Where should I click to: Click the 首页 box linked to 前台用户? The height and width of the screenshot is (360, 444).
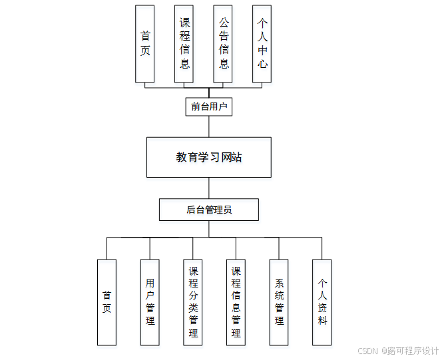144,44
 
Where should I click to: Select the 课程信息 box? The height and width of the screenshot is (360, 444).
184,44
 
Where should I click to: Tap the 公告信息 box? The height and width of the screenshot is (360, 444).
224,44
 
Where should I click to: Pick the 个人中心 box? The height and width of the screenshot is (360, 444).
262,44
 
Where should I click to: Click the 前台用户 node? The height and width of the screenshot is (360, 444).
209,106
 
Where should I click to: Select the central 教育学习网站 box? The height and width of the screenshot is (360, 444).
209,157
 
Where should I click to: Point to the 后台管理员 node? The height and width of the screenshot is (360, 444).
209,210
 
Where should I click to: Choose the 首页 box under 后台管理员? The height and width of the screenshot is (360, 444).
107,302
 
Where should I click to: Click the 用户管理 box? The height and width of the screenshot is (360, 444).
150,302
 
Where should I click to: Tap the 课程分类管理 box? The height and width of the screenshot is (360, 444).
193,302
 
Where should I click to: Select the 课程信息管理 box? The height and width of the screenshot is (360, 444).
236,302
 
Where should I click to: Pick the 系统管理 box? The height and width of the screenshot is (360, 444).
279,302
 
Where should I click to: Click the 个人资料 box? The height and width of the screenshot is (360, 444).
322,302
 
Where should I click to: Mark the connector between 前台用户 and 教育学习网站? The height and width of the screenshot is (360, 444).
209,126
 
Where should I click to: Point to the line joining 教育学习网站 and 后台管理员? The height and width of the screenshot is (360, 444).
209,188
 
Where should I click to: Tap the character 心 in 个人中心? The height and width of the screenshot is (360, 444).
262,65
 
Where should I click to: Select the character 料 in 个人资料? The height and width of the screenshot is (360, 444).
322,320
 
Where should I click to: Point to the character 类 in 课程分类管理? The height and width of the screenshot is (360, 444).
193,308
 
